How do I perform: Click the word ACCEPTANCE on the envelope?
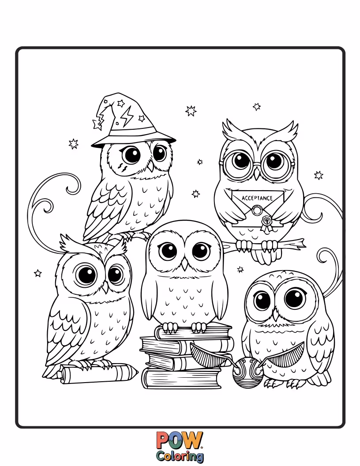pos(257,199)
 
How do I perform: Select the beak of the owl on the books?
pos(185,264)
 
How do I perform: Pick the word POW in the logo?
pos(180,440)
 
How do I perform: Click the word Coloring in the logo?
pos(180,455)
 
